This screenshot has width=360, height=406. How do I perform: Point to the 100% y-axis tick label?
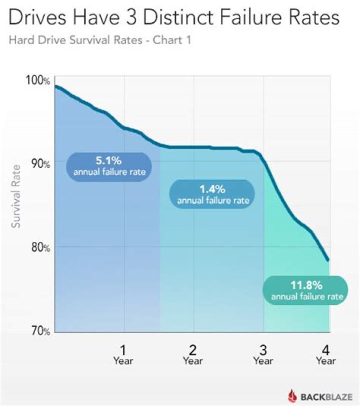coord(37,81)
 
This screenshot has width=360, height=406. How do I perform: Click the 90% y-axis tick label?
coord(39,164)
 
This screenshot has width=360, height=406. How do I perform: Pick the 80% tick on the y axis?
coord(39,247)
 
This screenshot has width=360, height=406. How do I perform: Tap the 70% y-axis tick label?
coord(39,331)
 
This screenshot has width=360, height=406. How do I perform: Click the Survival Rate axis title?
coord(16,196)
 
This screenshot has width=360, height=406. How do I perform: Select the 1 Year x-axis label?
coord(123,353)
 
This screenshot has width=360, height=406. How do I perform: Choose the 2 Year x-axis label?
coord(192,353)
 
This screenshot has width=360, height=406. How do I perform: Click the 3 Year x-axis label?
coord(262,353)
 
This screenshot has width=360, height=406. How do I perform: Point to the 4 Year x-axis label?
coord(325,353)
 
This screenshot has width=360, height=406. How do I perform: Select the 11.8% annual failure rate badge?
coord(307,290)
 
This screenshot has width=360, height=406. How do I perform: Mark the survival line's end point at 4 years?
coord(328,260)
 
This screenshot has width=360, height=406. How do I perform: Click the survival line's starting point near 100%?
coord(55,87)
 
